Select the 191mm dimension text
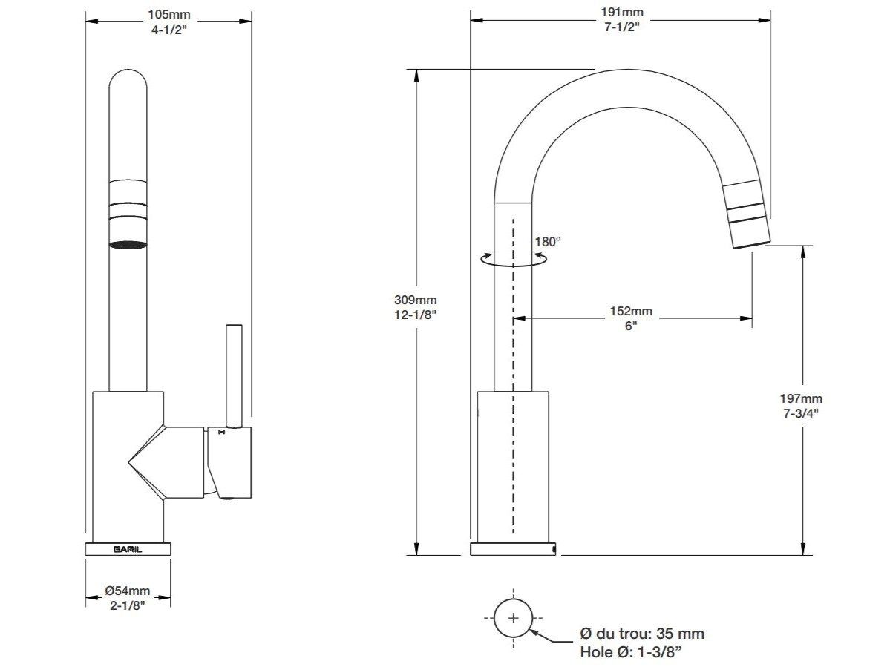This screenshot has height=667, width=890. [x=621, y=12]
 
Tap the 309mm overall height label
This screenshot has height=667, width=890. [x=416, y=300]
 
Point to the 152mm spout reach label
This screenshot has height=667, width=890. [x=631, y=312]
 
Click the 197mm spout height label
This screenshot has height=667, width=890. [x=802, y=399]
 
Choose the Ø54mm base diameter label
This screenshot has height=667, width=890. [x=128, y=591]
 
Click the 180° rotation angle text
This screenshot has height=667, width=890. [x=548, y=241]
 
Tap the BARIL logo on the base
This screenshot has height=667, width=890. [x=128, y=550]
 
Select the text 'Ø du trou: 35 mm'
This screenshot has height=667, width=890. [x=641, y=634]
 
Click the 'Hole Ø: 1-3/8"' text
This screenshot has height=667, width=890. [x=631, y=652]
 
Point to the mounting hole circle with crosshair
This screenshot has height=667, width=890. [x=514, y=618]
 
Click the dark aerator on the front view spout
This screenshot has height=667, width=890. [x=128, y=244]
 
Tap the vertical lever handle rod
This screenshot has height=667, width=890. [x=234, y=375]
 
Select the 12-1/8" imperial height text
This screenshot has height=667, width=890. [x=416, y=314]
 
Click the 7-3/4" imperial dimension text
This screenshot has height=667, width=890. [x=802, y=413]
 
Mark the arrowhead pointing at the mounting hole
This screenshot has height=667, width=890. [x=535, y=631]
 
